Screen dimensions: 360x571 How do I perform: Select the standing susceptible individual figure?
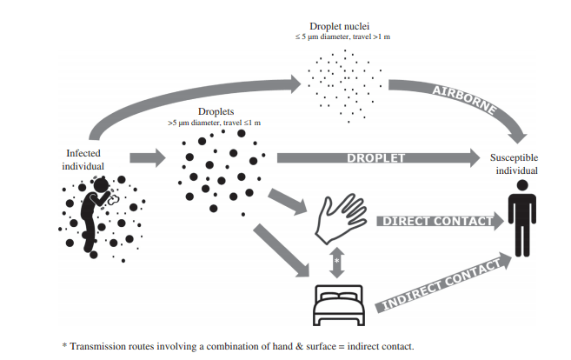[x=521, y=223]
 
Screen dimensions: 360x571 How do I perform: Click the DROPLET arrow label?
[x=374, y=158]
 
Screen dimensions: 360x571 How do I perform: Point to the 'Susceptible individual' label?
[x=518, y=165]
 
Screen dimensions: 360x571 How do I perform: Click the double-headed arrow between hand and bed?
[x=335, y=260]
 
